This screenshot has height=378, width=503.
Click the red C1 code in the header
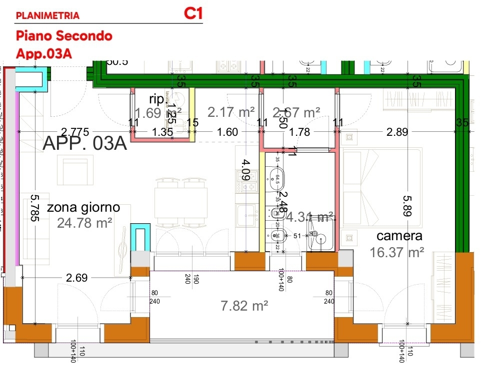tap(193, 13)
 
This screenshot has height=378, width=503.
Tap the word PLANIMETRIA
tap(47, 15)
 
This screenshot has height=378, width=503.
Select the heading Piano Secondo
tap(64, 36)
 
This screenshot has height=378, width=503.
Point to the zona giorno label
tap(83, 207)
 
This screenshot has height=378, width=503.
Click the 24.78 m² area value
tap(84, 222)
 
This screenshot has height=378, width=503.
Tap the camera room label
tap(399, 236)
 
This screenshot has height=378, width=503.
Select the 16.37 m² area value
tap(397, 252)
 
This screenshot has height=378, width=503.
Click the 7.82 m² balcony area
tap(245, 305)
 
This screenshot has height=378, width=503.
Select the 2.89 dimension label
tap(397, 132)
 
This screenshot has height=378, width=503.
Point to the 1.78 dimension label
tap(300, 132)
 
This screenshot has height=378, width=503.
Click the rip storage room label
tap(156, 98)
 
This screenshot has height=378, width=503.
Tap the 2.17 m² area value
tap(231, 112)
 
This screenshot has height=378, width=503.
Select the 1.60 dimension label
tap(228, 132)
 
